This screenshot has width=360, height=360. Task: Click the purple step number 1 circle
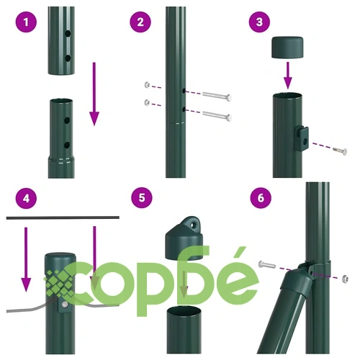pos(26,22)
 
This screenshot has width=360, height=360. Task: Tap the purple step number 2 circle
pos(140,22)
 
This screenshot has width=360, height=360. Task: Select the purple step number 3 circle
pos(259,22)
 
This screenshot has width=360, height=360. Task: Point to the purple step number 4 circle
pos(26,198)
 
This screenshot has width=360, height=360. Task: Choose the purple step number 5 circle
pos(142,198)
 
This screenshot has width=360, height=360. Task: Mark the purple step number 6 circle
pos(261,198)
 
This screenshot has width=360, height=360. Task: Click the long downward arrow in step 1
pos(94,94)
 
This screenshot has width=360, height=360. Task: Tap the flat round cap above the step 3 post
pos(287,48)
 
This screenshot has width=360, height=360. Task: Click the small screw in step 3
pos(340,151)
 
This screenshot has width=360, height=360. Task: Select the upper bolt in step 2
pos(217,95)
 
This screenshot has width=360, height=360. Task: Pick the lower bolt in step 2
pos(217,115)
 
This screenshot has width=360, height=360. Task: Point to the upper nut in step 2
pos(147,85)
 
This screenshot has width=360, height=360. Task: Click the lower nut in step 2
pos(147,102)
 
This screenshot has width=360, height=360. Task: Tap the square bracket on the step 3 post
pos(302,138)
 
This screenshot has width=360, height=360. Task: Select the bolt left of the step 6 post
pos(267,265)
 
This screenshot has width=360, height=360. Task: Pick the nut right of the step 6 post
pos(345,279)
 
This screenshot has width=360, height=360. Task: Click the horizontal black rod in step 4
pos(63,217)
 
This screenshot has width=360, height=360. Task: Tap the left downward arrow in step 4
pos(26,259)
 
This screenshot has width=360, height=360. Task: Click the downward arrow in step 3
pos(287,76)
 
